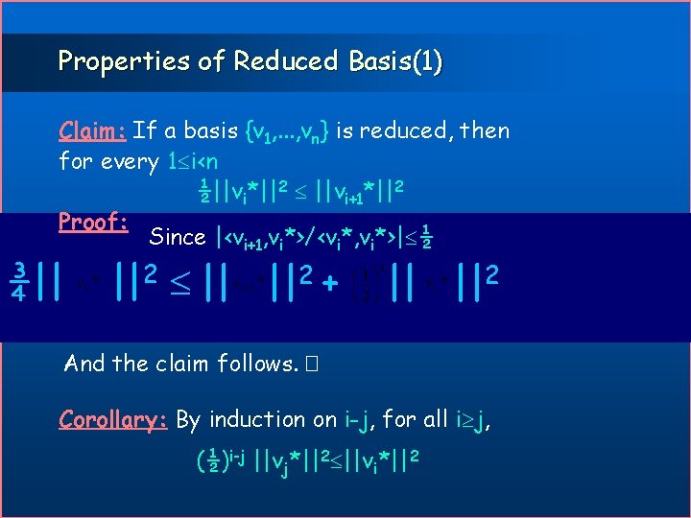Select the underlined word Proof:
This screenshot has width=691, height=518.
pyautogui.click(x=94, y=223)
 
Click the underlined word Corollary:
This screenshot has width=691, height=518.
pyautogui.click(x=113, y=419)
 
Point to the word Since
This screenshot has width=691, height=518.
pyautogui.click(x=178, y=237)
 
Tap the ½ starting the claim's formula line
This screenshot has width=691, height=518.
pyautogui.click(x=203, y=191)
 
